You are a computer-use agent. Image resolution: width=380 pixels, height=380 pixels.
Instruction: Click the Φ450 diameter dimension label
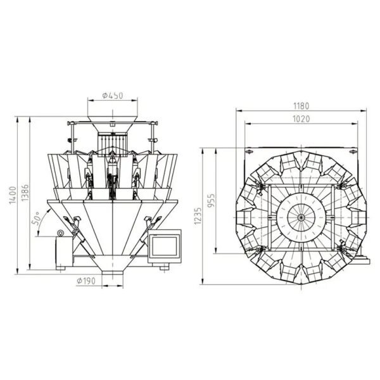(x=113, y=96)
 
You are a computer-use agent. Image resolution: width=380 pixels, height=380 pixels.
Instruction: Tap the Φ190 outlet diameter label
(x=86, y=281)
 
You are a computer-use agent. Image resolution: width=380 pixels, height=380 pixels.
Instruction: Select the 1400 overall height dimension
(x=13, y=195)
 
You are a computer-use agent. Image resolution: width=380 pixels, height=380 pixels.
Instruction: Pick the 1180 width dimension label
(x=301, y=106)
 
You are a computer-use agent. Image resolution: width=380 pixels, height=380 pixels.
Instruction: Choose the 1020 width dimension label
(x=301, y=119)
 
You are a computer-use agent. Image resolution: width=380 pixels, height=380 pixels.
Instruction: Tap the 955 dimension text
(x=212, y=200)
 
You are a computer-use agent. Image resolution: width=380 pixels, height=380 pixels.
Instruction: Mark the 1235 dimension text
(x=198, y=216)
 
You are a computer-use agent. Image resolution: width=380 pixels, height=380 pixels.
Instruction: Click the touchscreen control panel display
(x=165, y=246)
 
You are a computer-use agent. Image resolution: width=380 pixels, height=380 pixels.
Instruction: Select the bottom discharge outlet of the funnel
(x=113, y=272)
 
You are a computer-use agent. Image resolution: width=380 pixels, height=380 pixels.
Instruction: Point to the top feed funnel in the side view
(x=113, y=124)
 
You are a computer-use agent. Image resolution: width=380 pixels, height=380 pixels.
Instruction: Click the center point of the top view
(x=301, y=217)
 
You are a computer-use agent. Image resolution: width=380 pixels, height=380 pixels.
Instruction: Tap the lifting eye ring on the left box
(x=60, y=233)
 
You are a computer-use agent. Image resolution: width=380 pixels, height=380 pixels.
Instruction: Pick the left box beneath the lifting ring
(x=64, y=251)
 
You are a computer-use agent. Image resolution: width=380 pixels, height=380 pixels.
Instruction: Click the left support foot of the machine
(x=61, y=268)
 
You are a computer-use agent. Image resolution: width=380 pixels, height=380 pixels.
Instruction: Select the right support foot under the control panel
(x=164, y=267)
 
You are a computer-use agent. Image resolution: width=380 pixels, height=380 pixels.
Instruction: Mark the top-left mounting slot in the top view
(x=249, y=152)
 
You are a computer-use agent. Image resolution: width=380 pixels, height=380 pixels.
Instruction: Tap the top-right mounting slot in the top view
(x=353, y=152)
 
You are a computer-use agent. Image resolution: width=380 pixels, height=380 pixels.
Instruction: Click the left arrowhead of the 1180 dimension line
(x=239, y=111)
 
